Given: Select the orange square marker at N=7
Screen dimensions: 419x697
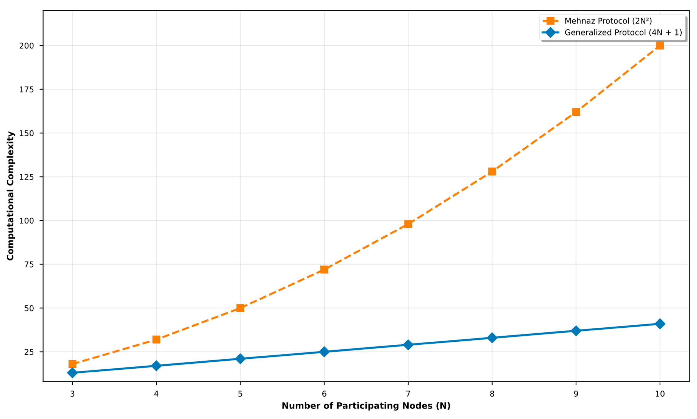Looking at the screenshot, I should click(x=408, y=224).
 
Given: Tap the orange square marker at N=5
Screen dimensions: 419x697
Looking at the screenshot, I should click(x=240, y=308).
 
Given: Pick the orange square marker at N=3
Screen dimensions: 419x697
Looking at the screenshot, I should click(x=72, y=364).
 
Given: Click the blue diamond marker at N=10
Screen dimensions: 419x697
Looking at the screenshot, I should click(x=660, y=324).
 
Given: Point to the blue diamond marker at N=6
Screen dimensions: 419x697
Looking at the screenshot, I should click(x=324, y=352).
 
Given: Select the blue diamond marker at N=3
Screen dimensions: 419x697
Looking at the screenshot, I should click(x=72, y=373).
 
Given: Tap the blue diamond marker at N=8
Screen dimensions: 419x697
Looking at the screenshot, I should click(x=492, y=338).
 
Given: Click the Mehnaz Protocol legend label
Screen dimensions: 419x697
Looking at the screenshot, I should click(x=608, y=21).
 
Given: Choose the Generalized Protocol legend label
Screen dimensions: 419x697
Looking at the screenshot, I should click(x=623, y=33).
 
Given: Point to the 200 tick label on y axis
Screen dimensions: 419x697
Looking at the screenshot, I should click(x=26, y=46).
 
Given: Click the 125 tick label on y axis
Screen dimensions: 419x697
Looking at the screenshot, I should click(x=26, y=177).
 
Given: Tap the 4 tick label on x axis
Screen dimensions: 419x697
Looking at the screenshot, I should click(x=156, y=394).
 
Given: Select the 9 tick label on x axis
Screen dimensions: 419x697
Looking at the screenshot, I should click(x=576, y=394).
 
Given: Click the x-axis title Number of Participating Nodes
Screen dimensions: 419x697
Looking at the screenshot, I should click(x=366, y=406).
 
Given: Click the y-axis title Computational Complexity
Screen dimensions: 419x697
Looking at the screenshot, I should click(x=10, y=196).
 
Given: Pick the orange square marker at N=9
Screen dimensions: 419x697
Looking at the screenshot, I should click(x=576, y=112).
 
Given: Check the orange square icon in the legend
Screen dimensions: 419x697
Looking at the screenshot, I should click(x=550, y=21).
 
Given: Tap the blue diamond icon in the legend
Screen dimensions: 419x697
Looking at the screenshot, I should click(x=550, y=33).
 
